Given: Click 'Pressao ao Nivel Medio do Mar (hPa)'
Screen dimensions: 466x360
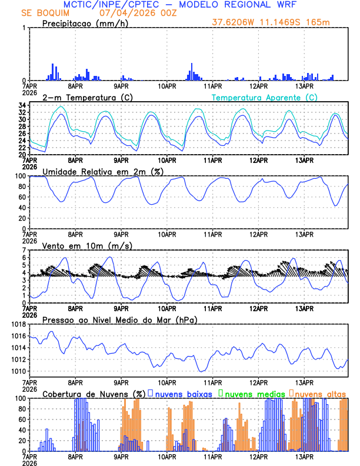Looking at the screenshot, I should click(119, 319).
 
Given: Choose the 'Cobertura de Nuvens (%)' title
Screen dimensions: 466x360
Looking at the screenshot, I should click(94, 394).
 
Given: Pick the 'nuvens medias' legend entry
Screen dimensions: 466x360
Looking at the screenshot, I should click(252, 394).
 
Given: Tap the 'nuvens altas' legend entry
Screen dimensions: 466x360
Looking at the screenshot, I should click(320, 394).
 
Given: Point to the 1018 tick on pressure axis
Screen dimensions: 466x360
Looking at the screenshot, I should click(18, 324).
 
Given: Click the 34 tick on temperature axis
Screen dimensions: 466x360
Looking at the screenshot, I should click(22, 105).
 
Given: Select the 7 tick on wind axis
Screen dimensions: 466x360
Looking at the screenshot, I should click(24, 250).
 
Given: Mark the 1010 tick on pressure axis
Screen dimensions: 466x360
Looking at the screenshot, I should click(18, 371).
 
